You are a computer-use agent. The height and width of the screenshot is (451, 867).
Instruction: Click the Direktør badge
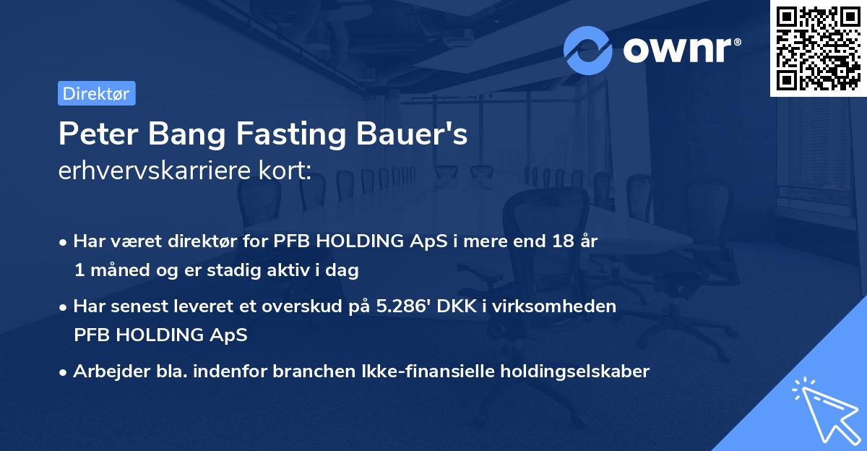(96, 93)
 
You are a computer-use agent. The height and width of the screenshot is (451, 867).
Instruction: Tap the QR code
(817, 48)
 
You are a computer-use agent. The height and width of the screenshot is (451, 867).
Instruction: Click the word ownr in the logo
(682, 48)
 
